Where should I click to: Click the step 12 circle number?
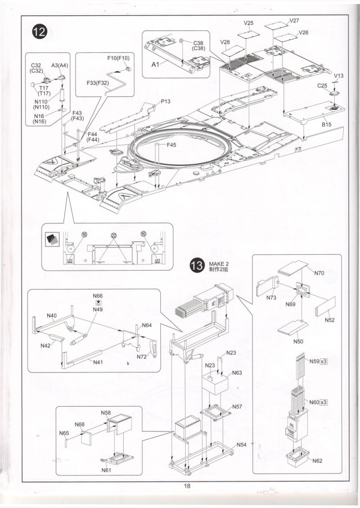[38, 32]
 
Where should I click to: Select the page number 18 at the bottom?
[180, 487]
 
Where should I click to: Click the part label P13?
[165, 101]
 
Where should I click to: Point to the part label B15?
[327, 124]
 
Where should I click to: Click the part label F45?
[172, 145]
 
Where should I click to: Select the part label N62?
[317, 461]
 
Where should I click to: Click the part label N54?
[241, 444]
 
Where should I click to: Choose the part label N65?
[64, 433]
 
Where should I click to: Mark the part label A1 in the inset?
[156, 65]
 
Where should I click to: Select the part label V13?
[339, 75]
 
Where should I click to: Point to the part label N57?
[237, 406]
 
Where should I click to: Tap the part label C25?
[322, 86]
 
